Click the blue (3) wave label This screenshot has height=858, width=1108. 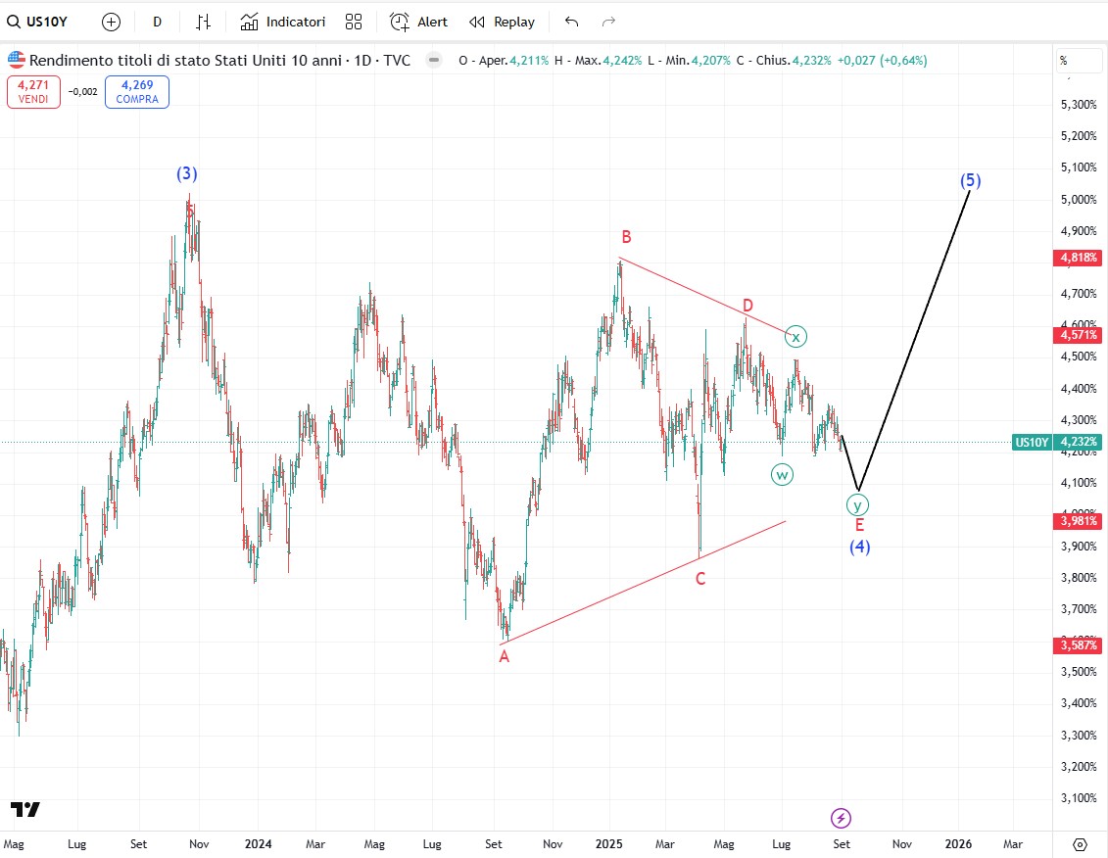[186, 173]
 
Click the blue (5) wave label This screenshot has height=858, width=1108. [970, 180]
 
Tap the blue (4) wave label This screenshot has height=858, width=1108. [859, 547]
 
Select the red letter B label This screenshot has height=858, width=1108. [625, 237]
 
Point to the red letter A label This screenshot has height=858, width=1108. [505, 656]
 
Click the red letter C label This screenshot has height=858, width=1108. [700, 579]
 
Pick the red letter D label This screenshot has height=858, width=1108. [747, 306]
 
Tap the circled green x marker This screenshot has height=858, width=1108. [796, 337]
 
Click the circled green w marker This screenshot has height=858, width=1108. [782, 474]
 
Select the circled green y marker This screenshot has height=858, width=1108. [857, 505]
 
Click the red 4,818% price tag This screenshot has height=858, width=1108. [1078, 259]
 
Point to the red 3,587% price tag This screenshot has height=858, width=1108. [1078, 644]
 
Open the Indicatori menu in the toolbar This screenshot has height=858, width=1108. [283, 22]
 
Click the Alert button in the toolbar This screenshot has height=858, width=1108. [419, 22]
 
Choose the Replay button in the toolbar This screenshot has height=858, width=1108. [502, 22]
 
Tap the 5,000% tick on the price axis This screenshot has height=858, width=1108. [1078, 199]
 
